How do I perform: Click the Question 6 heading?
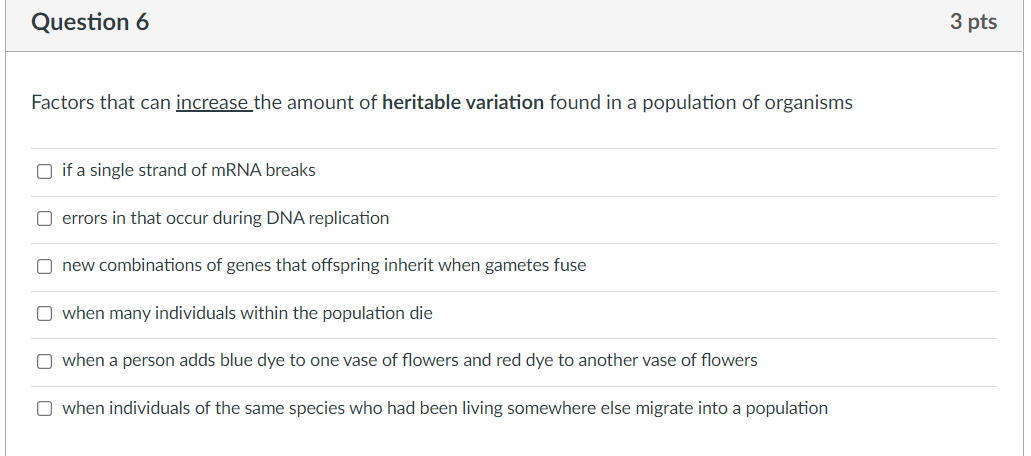[90, 23]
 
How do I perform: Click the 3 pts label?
[973, 23]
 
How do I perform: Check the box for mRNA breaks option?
[45, 171]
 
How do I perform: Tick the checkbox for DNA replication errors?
[45, 218]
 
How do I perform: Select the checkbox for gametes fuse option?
[45, 266]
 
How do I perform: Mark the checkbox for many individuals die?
[45, 314]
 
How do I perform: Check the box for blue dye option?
[45, 361]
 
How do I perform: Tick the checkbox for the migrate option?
[45, 409]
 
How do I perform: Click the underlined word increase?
[213, 103]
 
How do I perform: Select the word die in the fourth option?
[421, 314]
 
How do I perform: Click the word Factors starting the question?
[63, 103]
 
